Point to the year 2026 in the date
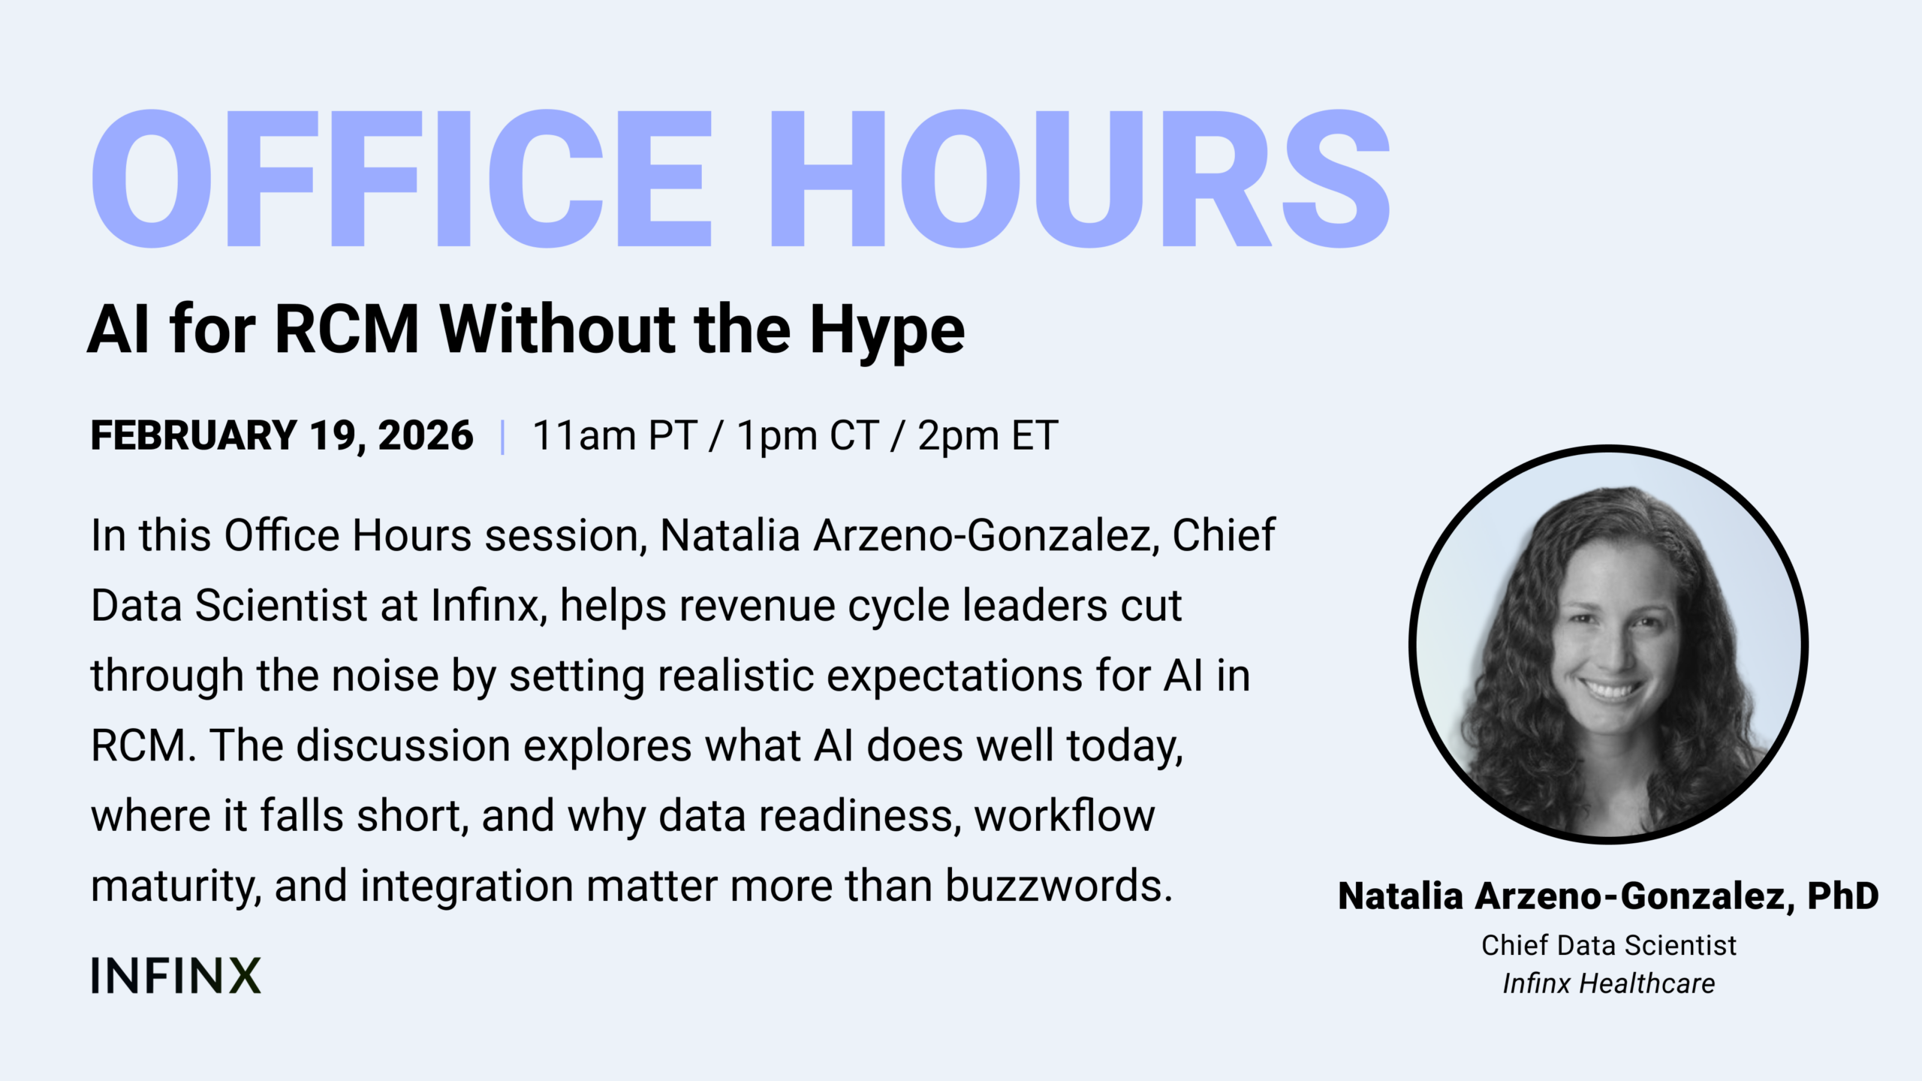click(426, 435)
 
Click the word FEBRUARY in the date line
click(194, 435)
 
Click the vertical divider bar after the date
click(502, 437)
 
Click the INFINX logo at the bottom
click(176, 975)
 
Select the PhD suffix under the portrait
click(1843, 896)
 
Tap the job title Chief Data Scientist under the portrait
click(1609, 945)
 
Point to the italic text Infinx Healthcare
click(1609, 983)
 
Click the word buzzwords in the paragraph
click(1059, 886)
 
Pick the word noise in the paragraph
click(385, 676)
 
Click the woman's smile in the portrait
click(1609, 688)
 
